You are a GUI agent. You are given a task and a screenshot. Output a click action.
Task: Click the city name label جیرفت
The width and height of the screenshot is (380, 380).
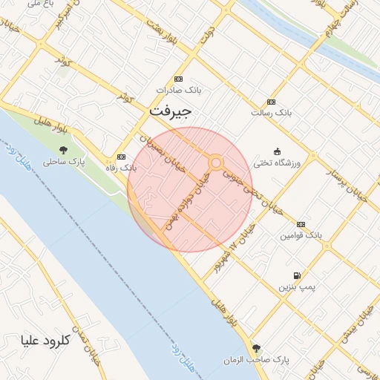tap(170, 111)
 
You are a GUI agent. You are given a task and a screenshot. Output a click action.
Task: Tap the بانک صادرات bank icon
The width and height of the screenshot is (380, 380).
tap(178, 79)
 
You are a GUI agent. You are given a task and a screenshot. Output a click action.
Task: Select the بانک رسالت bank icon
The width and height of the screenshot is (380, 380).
tap(271, 102)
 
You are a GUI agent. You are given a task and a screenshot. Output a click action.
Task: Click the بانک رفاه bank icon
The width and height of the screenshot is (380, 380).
tap(121, 157)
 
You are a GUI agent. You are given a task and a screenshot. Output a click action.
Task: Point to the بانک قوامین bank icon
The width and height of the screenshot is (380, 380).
tap(301, 224)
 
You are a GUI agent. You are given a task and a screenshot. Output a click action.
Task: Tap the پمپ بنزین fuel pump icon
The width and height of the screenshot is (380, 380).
tap(298, 275)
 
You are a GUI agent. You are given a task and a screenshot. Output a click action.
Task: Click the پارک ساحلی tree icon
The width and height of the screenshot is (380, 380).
tap(63, 148)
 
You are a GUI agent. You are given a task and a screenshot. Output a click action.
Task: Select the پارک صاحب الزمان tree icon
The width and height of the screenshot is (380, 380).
tap(257, 348)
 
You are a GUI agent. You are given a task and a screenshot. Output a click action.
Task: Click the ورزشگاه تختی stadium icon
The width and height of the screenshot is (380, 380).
tap(277, 151)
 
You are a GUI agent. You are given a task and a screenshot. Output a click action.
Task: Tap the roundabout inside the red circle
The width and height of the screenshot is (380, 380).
tap(216, 162)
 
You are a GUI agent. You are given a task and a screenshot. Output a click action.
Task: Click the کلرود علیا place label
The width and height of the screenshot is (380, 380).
tap(47, 341)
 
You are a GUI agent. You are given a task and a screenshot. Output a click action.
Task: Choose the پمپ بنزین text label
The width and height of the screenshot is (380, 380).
tap(297, 286)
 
